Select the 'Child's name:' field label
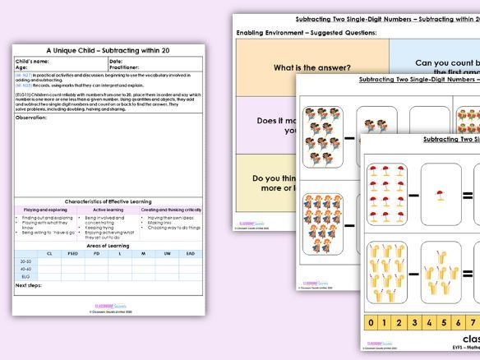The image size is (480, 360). (x=33, y=61)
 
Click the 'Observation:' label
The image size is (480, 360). (x=31, y=118)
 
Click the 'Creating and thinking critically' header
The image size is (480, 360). (x=171, y=210)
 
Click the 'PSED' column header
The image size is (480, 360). (x=73, y=254)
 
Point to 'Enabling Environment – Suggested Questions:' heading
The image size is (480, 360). (x=307, y=32)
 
